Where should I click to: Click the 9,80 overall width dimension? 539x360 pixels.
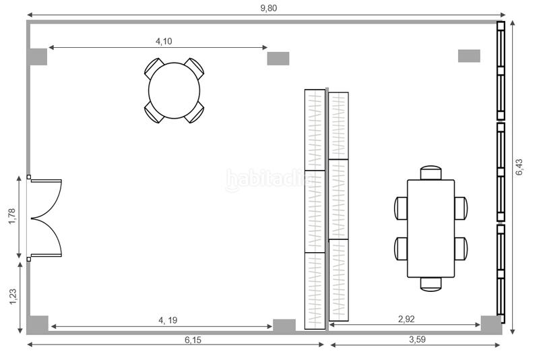click(x=268, y=8)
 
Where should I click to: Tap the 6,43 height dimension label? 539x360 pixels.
click(x=519, y=167)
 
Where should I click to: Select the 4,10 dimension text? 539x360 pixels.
click(x=164, y=41)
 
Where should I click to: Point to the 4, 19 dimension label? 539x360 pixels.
click(x=168, y=320)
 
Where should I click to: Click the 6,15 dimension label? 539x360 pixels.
click(x=193, y=340)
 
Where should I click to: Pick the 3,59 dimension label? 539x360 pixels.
click(x=417, y=339)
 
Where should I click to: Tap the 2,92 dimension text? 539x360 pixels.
click(x=406, y=319)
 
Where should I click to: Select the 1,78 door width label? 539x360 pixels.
click(x=12, y=216)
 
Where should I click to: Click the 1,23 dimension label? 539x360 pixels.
click(x=13, y=297)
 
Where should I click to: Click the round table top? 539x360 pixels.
click(x=175, y=90)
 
